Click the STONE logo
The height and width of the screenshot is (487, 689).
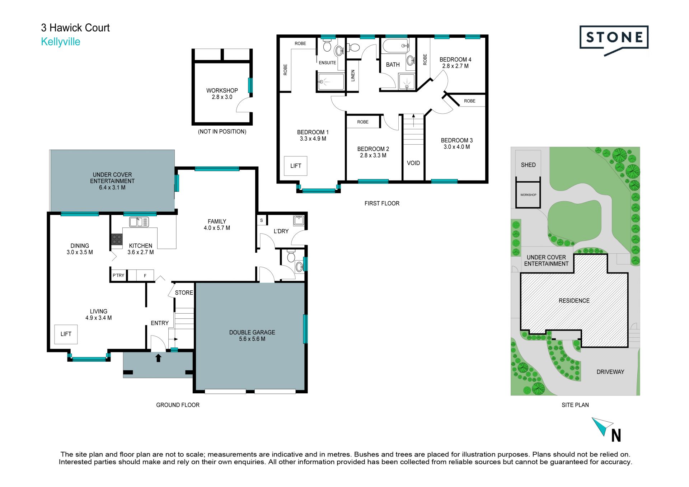tap(614, 40)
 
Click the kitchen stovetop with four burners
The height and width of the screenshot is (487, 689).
tap(117, 239)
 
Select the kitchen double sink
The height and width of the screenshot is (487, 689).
tap(139, 222)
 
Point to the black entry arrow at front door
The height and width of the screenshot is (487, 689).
tap(158, 358)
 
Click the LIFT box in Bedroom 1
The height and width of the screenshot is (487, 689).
tap(296, 166)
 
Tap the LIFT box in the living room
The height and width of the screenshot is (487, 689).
tap(66, 334)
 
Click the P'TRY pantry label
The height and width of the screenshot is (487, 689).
tap(118, 276)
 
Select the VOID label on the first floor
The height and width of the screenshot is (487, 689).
tap(413, 163)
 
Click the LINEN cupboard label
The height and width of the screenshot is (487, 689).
tap(353, 76)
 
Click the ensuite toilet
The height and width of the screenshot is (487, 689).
tap(327, 45)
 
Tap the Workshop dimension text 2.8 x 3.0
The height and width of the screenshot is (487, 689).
tap(222, 97)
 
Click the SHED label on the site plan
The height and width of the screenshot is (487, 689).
tap(528, 165)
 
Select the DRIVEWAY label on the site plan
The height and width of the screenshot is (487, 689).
tap(610, 372)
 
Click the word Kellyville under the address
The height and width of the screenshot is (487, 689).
tap(61, 42)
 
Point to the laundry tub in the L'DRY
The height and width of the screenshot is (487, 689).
tap(299, 220)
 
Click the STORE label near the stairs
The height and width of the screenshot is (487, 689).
tap(184, 293)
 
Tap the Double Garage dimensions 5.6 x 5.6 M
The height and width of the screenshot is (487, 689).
tap(252, 339)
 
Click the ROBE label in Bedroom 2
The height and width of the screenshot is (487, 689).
tap(363, 122)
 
